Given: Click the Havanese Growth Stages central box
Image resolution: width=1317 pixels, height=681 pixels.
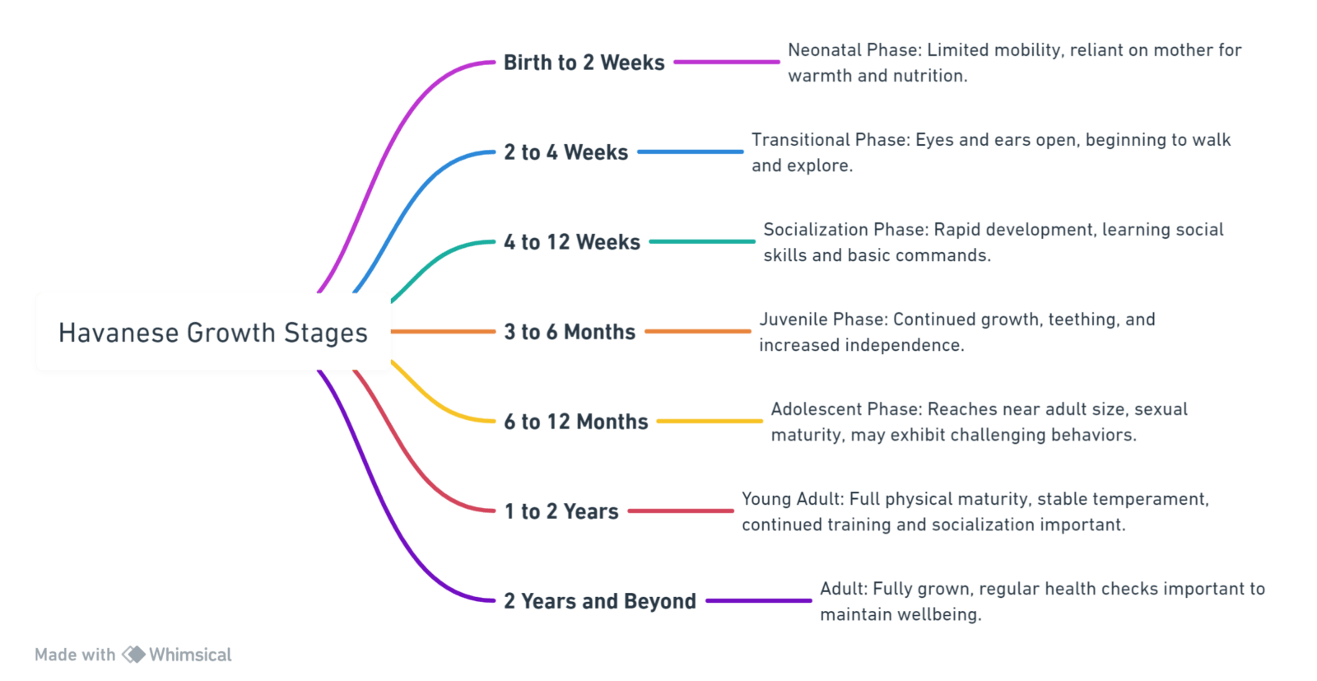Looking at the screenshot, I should point(213,333).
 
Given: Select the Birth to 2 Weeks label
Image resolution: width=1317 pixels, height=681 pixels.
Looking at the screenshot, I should point(584,63).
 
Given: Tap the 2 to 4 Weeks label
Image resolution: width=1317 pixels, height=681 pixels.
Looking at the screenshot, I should point(565,152).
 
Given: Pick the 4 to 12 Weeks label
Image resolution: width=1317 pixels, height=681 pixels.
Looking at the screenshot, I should point(571,242).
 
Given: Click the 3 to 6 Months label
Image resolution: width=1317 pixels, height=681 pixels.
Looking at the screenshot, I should point(569,332).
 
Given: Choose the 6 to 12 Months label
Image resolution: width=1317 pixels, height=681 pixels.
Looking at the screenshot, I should point(575,422).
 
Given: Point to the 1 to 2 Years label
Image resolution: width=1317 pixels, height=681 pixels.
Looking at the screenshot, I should point(561,511).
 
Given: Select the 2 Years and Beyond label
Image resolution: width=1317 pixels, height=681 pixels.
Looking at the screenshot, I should point(599,601).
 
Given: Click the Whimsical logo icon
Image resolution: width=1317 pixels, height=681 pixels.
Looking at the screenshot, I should point(133,655).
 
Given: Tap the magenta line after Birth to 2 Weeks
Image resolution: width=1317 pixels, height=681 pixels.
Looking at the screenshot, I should point(726,62).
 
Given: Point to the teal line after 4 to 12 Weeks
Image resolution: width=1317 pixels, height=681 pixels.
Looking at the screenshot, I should point(701,241).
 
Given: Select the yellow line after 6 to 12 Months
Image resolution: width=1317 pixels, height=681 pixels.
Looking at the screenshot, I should point(709,421).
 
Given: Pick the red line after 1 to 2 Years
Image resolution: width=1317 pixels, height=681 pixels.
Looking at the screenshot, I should point(680,511).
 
